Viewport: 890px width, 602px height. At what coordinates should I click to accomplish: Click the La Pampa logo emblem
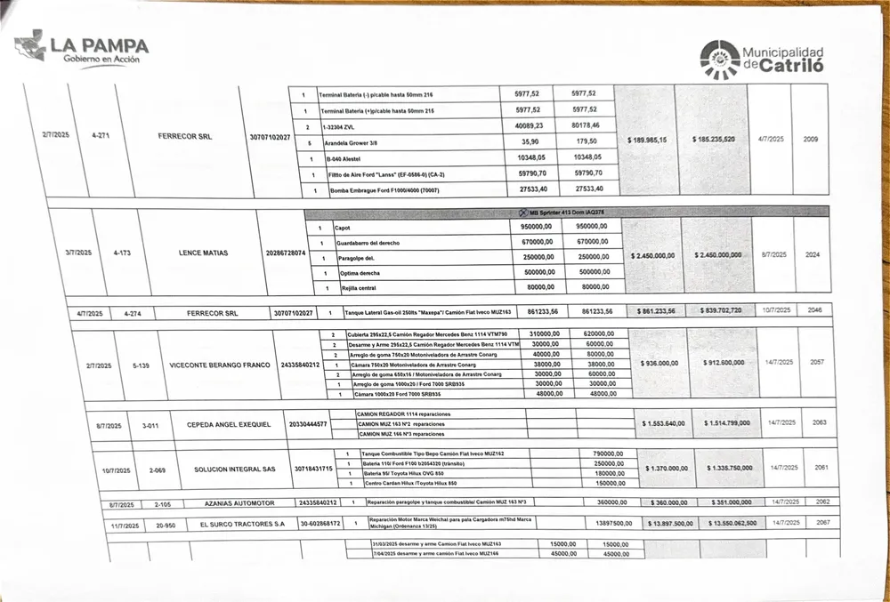(29, 45)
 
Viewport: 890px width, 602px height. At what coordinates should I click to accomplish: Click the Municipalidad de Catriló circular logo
(719, 60)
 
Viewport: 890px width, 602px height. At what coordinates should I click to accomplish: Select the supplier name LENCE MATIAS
(204, 253)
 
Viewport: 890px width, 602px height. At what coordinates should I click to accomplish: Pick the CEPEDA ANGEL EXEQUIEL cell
(228, 425)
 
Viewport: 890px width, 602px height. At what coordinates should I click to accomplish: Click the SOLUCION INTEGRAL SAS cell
(235, 469)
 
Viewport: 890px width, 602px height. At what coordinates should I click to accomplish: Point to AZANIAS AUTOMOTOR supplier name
(239, 503)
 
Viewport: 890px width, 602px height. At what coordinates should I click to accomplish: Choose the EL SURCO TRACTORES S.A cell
(242, 525)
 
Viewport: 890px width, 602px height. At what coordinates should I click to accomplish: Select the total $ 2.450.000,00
(652, 255)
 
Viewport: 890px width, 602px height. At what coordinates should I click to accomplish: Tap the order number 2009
(811, 140)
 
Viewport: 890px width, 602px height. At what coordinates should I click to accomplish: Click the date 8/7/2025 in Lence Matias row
(773, 254)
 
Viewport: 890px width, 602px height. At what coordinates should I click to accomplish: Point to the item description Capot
(342, 228)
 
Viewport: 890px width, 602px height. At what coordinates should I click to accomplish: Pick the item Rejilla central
(357, 288)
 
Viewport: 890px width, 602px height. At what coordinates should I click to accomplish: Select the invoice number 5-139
(141, 365)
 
